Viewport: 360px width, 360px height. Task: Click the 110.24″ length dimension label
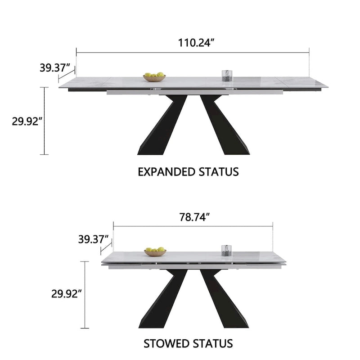(196, 43)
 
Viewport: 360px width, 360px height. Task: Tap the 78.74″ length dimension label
(195, 217)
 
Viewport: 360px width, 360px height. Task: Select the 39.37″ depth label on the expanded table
(54, 68)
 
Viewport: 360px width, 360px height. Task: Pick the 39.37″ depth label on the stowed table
(93, 239)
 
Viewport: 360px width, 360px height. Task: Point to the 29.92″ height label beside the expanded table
(27, 121)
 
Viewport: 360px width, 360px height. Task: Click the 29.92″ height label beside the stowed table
(67, 294)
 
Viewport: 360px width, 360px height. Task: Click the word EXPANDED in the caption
(166, 172)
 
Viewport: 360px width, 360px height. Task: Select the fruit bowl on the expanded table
(154, 77)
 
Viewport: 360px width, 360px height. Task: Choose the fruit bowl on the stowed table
(155, 252)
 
